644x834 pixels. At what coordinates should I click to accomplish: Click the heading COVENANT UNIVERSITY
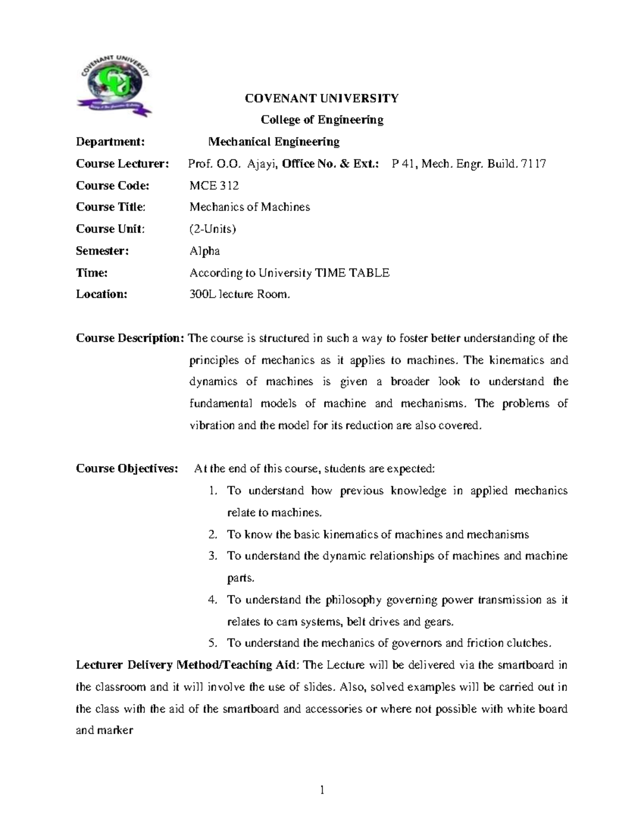pyautogui.click(x=321, y=98)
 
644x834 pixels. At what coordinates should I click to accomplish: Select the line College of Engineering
pyautogui.click(x=321, y=120)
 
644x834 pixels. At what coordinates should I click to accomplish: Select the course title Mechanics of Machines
pyautogui.click(x=250, y=207)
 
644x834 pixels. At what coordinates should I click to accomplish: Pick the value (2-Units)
pyautogui.click(x=213, y=229)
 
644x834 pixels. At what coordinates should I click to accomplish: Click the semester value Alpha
pyautogui.click(x=204, y=251)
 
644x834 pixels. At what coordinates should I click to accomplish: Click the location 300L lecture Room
pyautogui.click(x=239, y=294)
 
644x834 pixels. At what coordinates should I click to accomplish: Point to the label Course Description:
pyautogui.click(x=130, y=338)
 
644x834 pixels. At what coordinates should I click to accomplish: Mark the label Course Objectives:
pyautogui.click(x=127, y=469)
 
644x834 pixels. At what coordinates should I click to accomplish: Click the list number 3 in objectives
pyautogui.click(x=213, y=556)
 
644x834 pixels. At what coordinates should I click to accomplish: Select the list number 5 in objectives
pyautogui.click(x=213, y=643)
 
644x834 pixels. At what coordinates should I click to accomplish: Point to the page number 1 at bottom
pyautogui.click(x=322, y=789)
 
